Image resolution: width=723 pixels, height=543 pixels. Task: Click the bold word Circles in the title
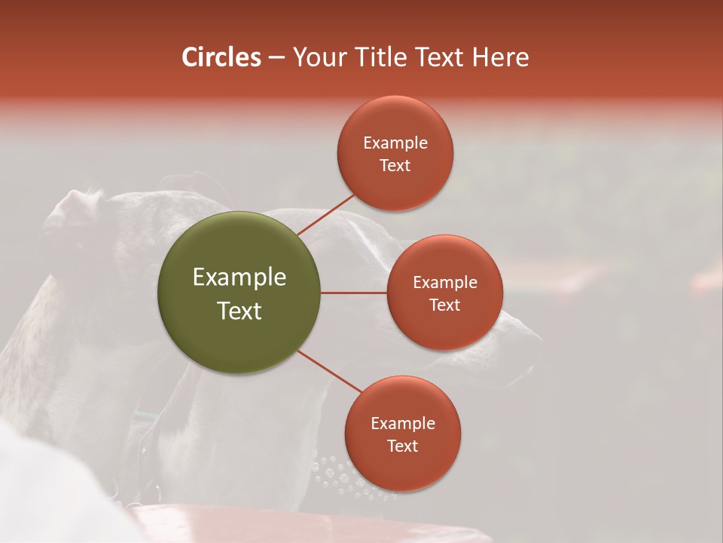click(221, 57)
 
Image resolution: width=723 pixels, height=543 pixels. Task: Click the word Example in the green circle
click(239, 278)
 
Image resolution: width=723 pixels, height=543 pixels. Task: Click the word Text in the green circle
click(239, 311)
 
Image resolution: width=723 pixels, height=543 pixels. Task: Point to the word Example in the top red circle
click(395, 143)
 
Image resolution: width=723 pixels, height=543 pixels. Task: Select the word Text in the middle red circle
click(444, 305)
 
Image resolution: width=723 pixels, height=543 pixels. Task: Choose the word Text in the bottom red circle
click(402, 446)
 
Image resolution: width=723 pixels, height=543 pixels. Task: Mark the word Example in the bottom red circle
click(403, 424)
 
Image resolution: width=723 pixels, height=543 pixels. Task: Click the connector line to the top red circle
click(325, 214)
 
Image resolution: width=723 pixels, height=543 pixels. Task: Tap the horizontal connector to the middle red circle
click(354, 293)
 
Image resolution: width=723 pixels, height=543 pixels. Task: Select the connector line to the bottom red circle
click(329, 371)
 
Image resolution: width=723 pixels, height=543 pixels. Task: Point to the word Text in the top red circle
click(395, 166)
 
